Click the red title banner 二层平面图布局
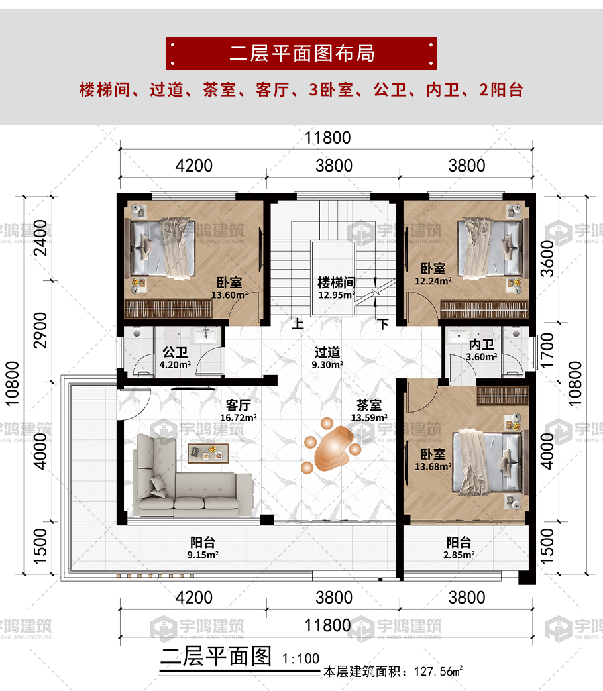coord(301,53)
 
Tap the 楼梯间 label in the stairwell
coord(337,282)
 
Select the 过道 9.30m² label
coord(327,358)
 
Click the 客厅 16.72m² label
coord(239,411)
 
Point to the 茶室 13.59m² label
coord(369,411)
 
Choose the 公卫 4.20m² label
coord(175,358)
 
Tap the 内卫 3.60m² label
coord(481,350)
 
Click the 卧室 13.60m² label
coord(229,288)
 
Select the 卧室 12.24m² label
coord(433,274)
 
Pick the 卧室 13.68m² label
coord(433,460)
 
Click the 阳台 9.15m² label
coord(203,548)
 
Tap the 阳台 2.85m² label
coord(459,548)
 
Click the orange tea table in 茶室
coord(331,446)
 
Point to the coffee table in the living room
coord(208,453)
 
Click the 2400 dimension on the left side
coord(40,238)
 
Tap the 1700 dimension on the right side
coord(547,350)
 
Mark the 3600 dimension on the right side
coord(547,258)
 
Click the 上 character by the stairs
coord(298,324)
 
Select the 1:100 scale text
coord(301,659)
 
